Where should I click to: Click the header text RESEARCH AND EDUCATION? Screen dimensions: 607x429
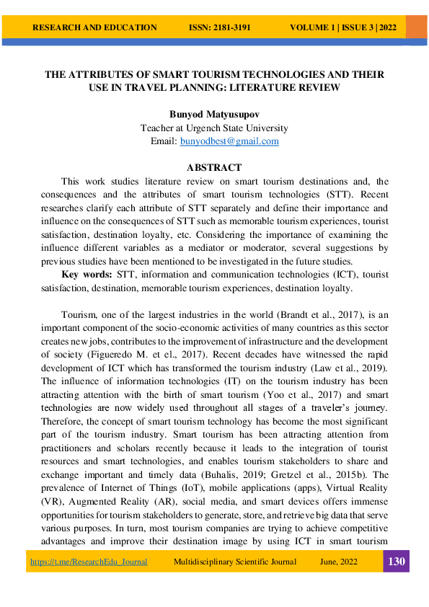pos(94,27)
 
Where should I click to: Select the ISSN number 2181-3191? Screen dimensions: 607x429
pos(220,27)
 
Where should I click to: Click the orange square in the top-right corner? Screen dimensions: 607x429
pos(416,27)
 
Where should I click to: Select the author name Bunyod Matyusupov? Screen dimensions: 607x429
pos(214,115)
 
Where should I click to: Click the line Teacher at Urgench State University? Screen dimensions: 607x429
pos(214,128)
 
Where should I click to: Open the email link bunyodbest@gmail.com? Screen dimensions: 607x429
pos(229,141)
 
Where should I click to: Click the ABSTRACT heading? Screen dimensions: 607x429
pos(214,168)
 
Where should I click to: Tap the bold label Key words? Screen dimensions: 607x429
pos(87,275)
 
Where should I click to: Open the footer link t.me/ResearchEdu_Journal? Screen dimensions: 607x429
pos(89,562)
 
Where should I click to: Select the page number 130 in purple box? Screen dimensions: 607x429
pos(396,562)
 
